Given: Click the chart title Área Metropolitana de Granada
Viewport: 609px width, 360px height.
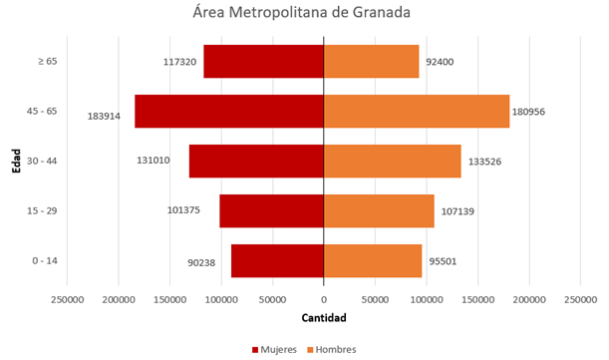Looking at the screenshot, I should tap(303, 14).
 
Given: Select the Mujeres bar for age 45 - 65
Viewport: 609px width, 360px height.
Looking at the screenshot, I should tap(229, 111).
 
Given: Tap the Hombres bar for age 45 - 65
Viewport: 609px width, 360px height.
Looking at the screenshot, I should tap(417, 111).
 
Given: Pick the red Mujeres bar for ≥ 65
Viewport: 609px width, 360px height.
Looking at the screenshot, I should tap(263, 61).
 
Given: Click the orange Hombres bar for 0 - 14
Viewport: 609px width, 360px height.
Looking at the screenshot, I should tap(373, 260).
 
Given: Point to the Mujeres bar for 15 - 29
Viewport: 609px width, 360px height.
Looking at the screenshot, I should tap(271, 210).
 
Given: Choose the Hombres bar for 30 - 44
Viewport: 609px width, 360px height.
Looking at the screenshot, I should tap(392, 161).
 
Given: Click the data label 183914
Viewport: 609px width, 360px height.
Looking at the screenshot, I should tap(105, 116).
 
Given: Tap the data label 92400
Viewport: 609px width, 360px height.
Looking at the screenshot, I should tap(441, 61).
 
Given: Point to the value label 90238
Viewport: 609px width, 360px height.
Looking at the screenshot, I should tap(203, 264).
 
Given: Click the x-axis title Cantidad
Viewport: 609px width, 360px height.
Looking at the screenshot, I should tap(324, 319).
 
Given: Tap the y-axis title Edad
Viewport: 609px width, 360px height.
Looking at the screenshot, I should tap(17, 161).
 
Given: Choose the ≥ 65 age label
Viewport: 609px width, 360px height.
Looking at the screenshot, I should tap(47, 61).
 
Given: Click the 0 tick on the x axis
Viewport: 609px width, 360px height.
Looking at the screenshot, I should tap(324, 298).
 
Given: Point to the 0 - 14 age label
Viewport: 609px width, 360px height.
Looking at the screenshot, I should tap(45, 260).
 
